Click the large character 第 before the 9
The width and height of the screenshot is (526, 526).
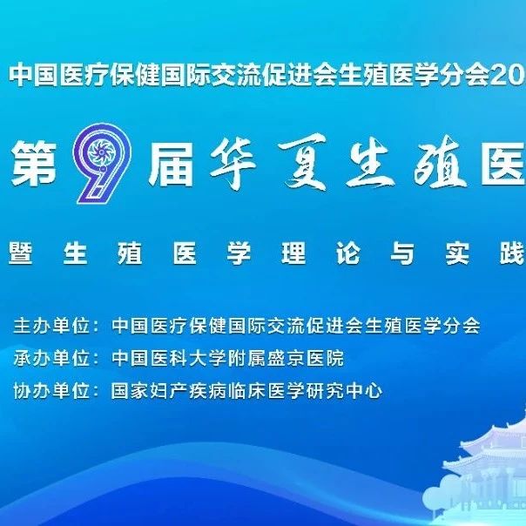(x=34, y=164)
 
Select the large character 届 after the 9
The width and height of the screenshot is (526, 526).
(x=172, y=164)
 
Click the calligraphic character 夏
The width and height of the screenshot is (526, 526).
(x=304, y=162)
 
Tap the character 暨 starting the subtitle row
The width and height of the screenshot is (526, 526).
(x=21, y=253)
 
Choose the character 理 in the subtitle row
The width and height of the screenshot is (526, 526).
(x=293, y=253)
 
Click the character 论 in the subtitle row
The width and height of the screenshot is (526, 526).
(x=348, y=253)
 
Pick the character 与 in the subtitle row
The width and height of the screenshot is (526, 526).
(x=402, y=253)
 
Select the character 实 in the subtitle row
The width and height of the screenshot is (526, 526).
(x=457, y=253)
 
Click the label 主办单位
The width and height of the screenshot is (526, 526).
(x=51, y=326)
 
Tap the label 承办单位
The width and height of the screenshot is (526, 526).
(x=51, y=358)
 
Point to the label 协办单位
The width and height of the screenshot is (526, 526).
(x=51, y=390)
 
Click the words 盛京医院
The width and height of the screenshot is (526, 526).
(x=306, y=358)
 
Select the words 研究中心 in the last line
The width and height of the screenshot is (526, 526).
(x=344, y=390)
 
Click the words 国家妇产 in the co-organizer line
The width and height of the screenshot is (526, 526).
(x=150, y=390)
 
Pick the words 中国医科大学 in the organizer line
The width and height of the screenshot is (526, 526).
(x=170, y=358)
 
